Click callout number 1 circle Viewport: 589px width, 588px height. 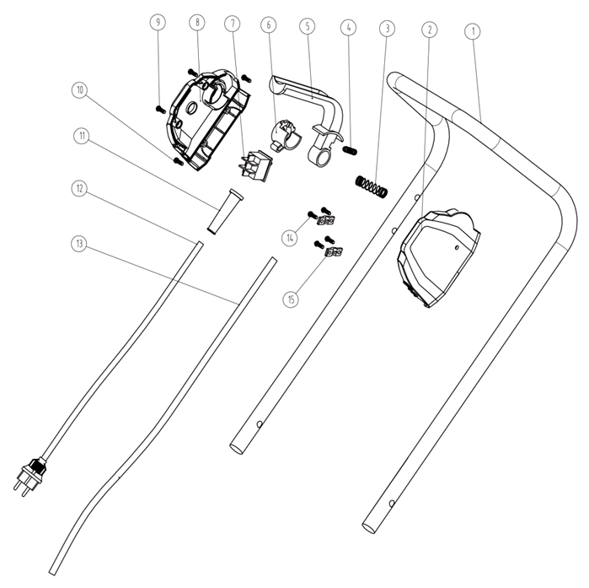point(473,31)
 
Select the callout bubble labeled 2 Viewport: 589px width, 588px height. point(430,30)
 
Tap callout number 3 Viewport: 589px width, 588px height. point(388,28)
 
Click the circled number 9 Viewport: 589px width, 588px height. point(158,22)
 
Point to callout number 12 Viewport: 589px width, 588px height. point(79,188)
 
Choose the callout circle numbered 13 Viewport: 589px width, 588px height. point(79,244)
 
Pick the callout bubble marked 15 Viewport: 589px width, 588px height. point(291,299)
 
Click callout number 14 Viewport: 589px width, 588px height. point(290,238)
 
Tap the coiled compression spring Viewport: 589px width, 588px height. point(371,186)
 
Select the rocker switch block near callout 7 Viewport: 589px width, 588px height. point(255,166)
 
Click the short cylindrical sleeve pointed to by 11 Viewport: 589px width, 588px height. point(225,212)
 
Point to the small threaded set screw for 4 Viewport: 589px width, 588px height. point(350,151)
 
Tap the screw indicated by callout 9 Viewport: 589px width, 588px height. point(160,110)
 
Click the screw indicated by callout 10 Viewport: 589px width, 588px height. point(178,162)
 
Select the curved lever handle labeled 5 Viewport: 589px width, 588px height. point(309,113)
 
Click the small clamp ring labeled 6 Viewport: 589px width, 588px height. point(284,135)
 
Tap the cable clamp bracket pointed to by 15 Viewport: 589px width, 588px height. point(334,252)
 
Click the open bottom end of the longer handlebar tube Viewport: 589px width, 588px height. point(369,527)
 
